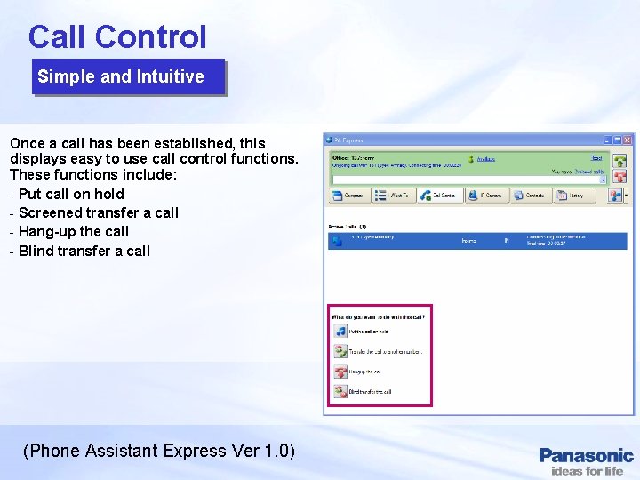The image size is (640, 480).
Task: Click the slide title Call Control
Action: [x=117, y=36]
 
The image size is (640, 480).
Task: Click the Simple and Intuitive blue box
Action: [x=121, y=76]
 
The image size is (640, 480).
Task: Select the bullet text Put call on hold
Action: [x=71, y=194]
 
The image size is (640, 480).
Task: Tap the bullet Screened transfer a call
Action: [x=98, y=212]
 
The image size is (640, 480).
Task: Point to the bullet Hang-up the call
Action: [x=73, y=231]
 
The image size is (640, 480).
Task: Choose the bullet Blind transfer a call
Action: [x=84, y=251]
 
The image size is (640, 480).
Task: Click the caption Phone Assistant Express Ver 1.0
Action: [x=159, y=451]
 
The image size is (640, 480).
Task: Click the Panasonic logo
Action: [x=586, y=455]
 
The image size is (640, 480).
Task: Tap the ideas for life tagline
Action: [x=587, y=471]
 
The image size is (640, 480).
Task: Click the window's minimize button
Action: [x=607, y=140]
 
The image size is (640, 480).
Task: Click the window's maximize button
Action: [x=618, y=140]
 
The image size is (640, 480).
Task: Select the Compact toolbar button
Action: [x=348, y=196]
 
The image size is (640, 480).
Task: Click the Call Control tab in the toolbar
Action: [x=439, y=196]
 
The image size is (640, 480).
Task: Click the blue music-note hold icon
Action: [x=340, y=331]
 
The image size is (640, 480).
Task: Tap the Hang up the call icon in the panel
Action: [x=340, y=372]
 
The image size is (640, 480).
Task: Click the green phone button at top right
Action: [x=620, y=161]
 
